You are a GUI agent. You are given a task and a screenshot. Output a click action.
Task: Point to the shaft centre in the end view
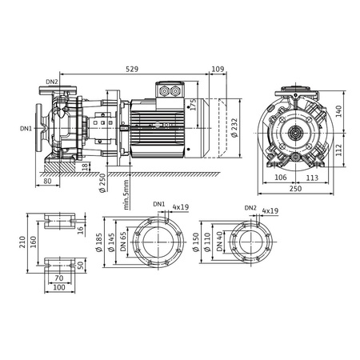click(296, 133)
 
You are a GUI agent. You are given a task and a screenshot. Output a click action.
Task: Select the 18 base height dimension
click(86, 166)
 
